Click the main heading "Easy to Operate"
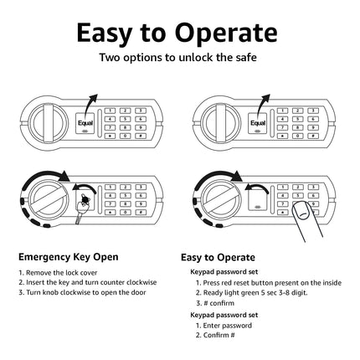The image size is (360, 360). [177, 33]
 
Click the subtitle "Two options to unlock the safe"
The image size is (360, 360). [178, 58]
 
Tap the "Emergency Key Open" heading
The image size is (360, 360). [69, 257]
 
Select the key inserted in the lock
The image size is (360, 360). [81, 208]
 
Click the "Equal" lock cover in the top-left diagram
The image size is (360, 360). [85, 124]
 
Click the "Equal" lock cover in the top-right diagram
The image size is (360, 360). [258, 124]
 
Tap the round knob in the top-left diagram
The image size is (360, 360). [49, 121]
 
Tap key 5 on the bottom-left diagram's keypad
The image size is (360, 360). [126, 196]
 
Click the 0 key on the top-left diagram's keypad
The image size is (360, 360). [126, 136]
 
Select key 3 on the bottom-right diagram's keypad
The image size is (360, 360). [313, 188]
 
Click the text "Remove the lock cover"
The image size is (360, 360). [62, 273]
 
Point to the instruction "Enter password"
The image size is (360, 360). [228, 326]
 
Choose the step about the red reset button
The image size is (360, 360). [269, 283]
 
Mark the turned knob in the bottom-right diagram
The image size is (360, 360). [221, 199]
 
